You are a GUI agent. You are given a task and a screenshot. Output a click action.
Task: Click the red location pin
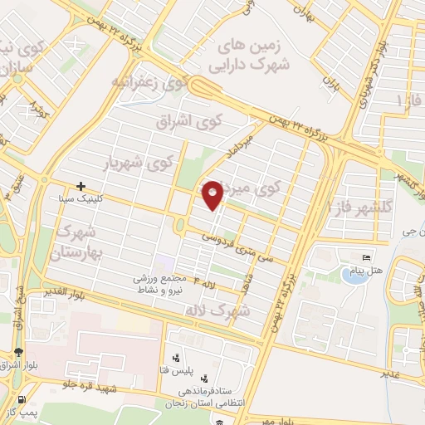[x=213, y=193]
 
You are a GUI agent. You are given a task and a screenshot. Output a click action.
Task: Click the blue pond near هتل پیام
[x=355, y=276]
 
